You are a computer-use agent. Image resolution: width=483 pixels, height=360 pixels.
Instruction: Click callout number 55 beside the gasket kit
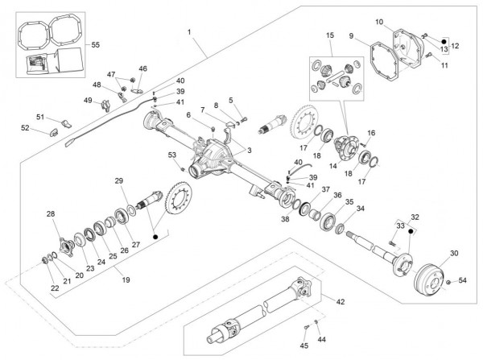coord(95,43)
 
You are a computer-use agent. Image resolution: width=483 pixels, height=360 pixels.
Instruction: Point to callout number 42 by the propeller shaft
coord(340,301)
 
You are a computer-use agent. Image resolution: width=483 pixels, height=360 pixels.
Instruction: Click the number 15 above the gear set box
coord(330,36)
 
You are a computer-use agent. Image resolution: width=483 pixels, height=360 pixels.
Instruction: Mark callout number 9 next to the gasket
coord(352,36)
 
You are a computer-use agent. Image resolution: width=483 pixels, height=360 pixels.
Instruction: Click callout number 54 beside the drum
coord(462,280)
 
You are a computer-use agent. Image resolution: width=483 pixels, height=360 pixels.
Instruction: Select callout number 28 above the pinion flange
coord(51,213)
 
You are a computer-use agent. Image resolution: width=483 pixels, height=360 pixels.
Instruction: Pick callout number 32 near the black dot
coord(415,217)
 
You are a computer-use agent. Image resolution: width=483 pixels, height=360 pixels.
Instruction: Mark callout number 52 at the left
coord(25,128)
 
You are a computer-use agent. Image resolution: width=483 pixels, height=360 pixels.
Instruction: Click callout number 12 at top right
coord(455,46)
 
